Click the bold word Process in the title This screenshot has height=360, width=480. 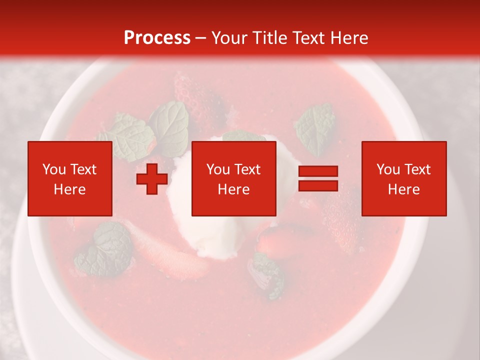pyautogui.click(x=157, y=38)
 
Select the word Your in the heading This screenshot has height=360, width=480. pyautogui.click(x=229, y=38)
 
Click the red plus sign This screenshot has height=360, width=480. pyautogui.click(x=152, y=179)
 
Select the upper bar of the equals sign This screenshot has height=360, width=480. pyautogui.click(x=318, y=171)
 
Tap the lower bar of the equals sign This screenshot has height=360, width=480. pyautogui.click(x=318, y=186)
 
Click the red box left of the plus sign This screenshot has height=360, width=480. pyautogui.click(x=69, y=178)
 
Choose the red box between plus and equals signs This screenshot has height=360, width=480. pyautogui.click(x=233, y=178)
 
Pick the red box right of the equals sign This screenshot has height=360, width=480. pyautogui.click(x=403, y=178)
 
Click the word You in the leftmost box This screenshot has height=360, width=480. pyautogui.click(x=53, y=169)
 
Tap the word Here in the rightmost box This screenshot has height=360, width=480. pyautogui.click(x=403, y=189)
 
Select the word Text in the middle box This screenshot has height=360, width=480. pyautogui.click(x=248, y=169)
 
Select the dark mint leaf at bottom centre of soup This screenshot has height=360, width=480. pyautogui.click(x=267, y=275)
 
